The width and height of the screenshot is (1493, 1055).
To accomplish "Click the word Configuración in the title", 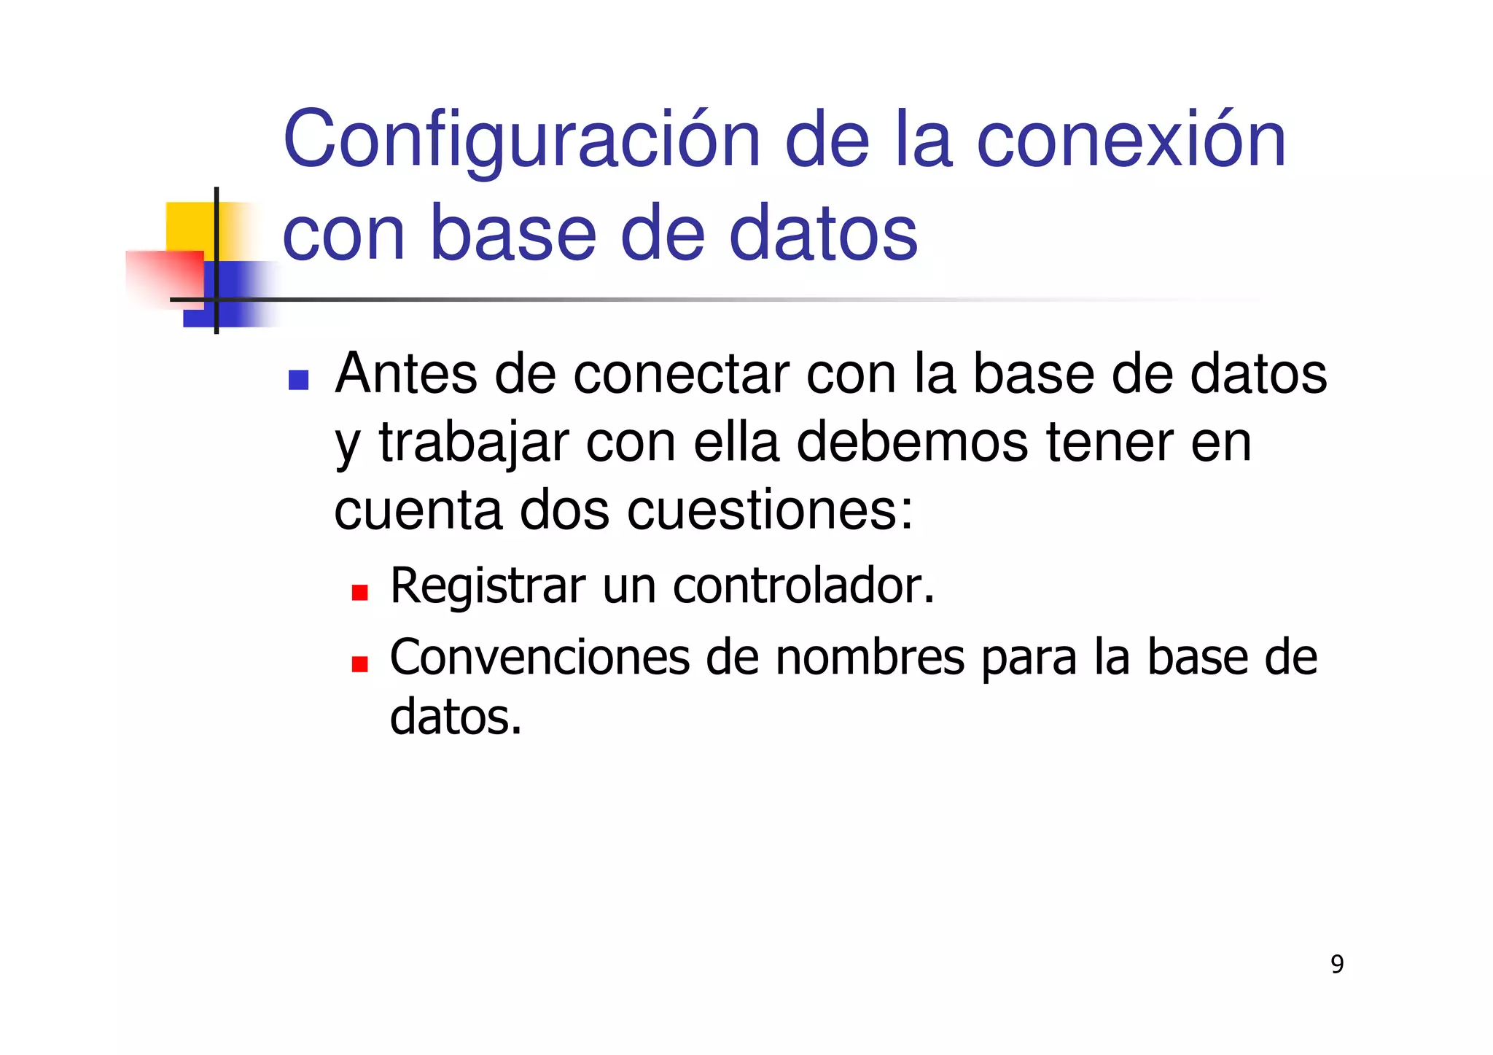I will pos(522,140).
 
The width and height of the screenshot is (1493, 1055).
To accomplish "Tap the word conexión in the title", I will pos(1131,140).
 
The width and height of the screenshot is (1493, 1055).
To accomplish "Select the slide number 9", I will pos(1337,965).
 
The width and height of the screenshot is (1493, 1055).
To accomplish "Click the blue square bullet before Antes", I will pos(298,380).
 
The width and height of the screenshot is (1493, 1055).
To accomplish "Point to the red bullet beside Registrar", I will pos(359,592).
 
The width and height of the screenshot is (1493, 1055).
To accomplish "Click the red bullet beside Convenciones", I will pos(359,663).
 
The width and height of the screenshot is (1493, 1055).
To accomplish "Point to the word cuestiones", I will pos(769,510).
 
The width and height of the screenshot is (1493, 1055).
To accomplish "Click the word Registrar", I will pos(488,585).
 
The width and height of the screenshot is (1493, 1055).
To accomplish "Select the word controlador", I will pos(803,585).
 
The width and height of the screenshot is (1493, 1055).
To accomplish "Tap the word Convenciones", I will pos(539,657).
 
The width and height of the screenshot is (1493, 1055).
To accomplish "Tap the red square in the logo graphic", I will pos(163,279).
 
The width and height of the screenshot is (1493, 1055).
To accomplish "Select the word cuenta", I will pos(418,510).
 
